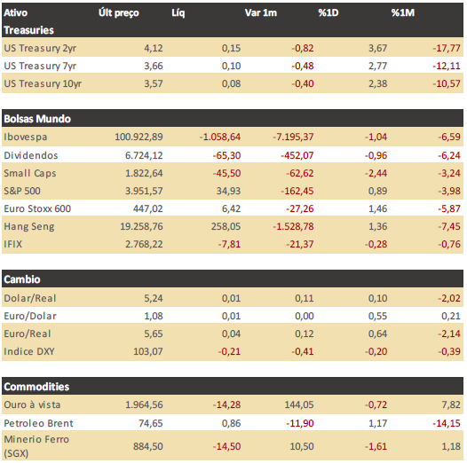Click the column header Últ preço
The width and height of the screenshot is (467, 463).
(x=119, y=13)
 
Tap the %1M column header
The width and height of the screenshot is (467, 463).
(x=403, y=12)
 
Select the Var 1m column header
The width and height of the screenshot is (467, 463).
(x=261, y=12)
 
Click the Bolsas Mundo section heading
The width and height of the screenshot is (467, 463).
(x=37, y=119)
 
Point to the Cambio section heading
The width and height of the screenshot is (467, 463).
(x=22, y=279)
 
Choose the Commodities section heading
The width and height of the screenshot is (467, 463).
(x=36, y=387)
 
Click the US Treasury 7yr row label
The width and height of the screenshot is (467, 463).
(x=40, y=66)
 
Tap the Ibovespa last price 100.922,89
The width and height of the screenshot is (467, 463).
(x=139, y=137)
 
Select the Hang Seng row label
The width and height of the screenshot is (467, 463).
(x=29, y=226)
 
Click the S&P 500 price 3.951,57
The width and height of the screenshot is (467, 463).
(x=144, y=191)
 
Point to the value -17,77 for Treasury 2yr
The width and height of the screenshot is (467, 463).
(x=447, y=48)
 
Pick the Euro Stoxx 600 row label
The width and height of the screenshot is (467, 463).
(x=37, y=208)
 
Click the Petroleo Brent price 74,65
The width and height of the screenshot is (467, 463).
(x=151, y=423)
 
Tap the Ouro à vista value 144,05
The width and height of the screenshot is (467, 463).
(x=299, y=404)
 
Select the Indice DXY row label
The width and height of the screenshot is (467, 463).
(x=29, y=351)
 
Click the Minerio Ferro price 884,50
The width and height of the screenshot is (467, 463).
(x=148, y=446)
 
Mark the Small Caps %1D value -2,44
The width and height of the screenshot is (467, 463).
(x=376, y=173)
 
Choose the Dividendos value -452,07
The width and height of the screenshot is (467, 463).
(x=297, y=155)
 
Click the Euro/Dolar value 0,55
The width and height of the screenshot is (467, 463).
(x=377, y=316)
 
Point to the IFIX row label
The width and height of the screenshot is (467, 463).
(x=13, y=244)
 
